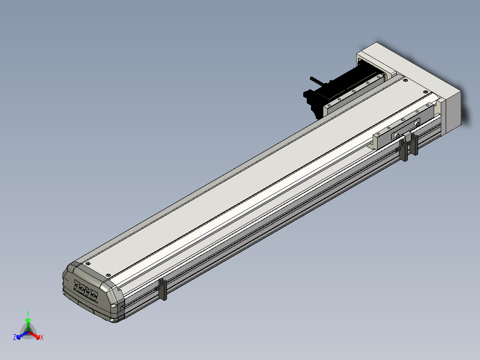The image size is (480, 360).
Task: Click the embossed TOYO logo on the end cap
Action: coord(85,290)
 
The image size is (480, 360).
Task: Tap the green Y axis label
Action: coord(28,313)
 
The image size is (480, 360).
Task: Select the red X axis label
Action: coord(42,337)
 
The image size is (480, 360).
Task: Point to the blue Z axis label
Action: coord(15,337)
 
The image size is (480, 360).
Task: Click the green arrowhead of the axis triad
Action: coord(28,320)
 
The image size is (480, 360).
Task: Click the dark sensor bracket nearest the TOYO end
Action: coord(162,290)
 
